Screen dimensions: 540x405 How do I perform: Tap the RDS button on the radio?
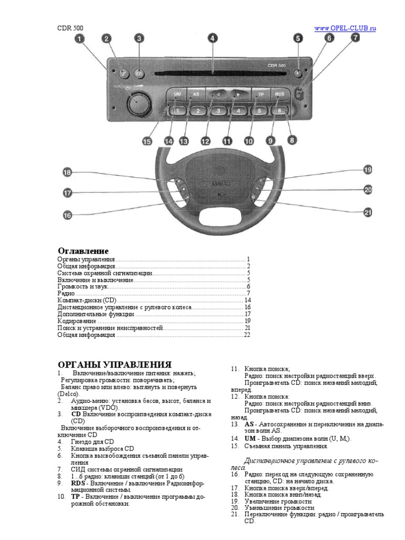tap(279, 94)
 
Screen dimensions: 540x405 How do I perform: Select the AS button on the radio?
tap(196, 94)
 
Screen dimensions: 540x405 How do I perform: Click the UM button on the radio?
tap(177, 94)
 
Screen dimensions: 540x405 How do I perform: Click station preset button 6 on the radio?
tap(279, 111)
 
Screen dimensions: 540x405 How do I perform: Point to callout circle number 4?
tap(212, 38)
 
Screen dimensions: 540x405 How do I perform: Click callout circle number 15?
tap(147, 141)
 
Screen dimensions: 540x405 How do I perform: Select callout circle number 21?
tap(368, 213)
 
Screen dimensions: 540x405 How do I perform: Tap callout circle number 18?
tap(67, 172)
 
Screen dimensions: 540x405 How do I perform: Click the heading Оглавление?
tap(83, 251)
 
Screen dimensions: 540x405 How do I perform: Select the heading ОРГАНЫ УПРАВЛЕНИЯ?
tap(114, 364)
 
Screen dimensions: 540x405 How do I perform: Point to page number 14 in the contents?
tap(247, 300)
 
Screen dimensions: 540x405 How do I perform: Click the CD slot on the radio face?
tap(211, 71)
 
